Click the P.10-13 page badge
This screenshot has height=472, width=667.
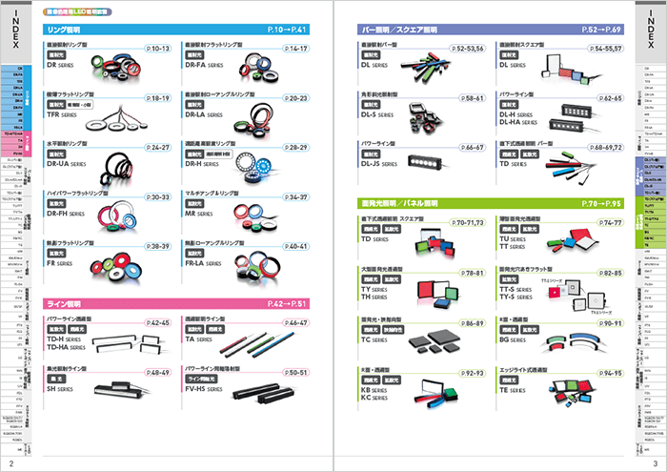(x=158, y=48)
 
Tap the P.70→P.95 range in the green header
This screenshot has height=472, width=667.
(x=599, y=203)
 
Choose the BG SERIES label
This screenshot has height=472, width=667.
(x=517, y=339)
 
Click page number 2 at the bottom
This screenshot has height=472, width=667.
(x=10, y=462)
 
